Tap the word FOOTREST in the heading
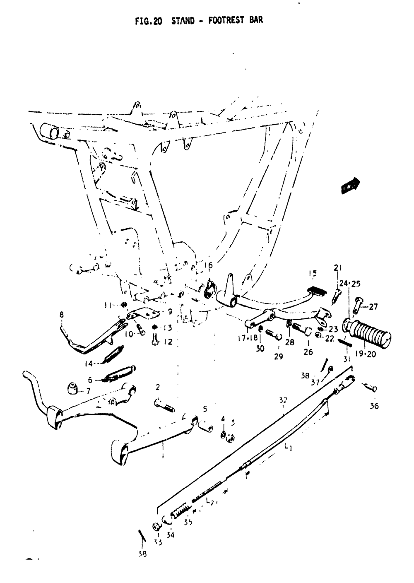226,20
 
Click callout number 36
374,406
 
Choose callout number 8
62,315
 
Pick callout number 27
373,307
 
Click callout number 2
158,387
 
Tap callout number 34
171,535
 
